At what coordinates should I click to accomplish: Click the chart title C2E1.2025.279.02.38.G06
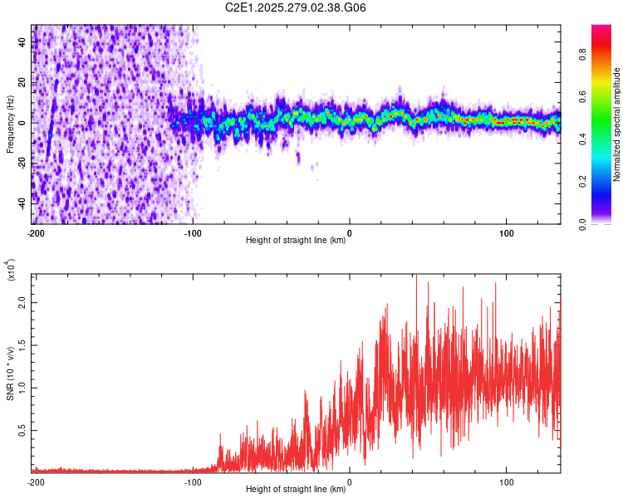coord(296,7)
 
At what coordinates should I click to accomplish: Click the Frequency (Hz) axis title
coord(10,124)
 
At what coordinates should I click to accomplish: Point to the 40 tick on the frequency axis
coord(22,42)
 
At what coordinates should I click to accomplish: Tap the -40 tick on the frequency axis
coord(22,203)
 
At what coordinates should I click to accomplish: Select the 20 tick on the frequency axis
coord(22,82)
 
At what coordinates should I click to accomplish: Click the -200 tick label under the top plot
coord(35,232)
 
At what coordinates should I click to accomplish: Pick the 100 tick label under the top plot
coord(506,232)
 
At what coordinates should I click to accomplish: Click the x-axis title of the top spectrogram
coord(296,241)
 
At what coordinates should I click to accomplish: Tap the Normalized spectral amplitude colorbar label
coord(617,124)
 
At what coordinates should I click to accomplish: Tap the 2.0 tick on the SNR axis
coord(22,303)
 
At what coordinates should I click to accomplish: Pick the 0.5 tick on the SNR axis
coord(22,429)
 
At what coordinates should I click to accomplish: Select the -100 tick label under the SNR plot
coord(193,481)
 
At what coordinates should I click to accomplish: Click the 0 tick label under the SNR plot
coord(349,481)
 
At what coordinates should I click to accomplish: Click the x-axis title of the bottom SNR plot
coord(296,490)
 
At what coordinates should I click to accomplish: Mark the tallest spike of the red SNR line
coord(415,276)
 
